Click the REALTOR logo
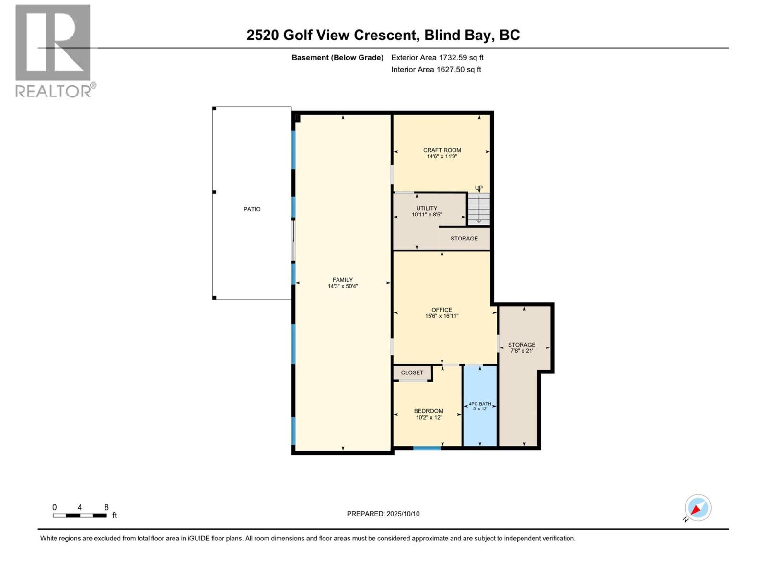click(x=53, y=50)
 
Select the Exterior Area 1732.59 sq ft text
click(x=437, y=58)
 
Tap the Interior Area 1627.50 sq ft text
click(x=436, y=70)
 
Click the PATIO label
click(x=252, y=209)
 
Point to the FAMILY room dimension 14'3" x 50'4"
click(x=343, y=286)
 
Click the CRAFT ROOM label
click(x=442, y=150)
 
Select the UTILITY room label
click(x=427, y=209)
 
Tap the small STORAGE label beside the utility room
click(x=464, y=239)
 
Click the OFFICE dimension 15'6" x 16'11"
click(x=442, y=316)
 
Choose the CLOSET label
click(x=412, y=373)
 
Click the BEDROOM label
click(x=429, y=411)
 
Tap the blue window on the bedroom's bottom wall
click(x=427, y=448)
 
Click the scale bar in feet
click(x=80, y=516)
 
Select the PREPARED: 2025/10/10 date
click(x=383, y=514)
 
